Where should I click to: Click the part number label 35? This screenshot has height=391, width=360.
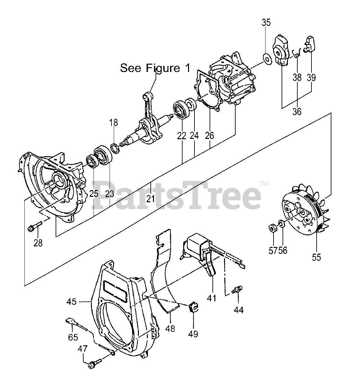coord(266,23)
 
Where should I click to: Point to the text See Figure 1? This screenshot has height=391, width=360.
coord(155,68)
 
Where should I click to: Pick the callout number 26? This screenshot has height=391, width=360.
coord(209,135)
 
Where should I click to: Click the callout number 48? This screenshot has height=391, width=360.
coord(171,329)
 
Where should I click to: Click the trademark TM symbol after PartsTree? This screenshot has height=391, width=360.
coord(264,184)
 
